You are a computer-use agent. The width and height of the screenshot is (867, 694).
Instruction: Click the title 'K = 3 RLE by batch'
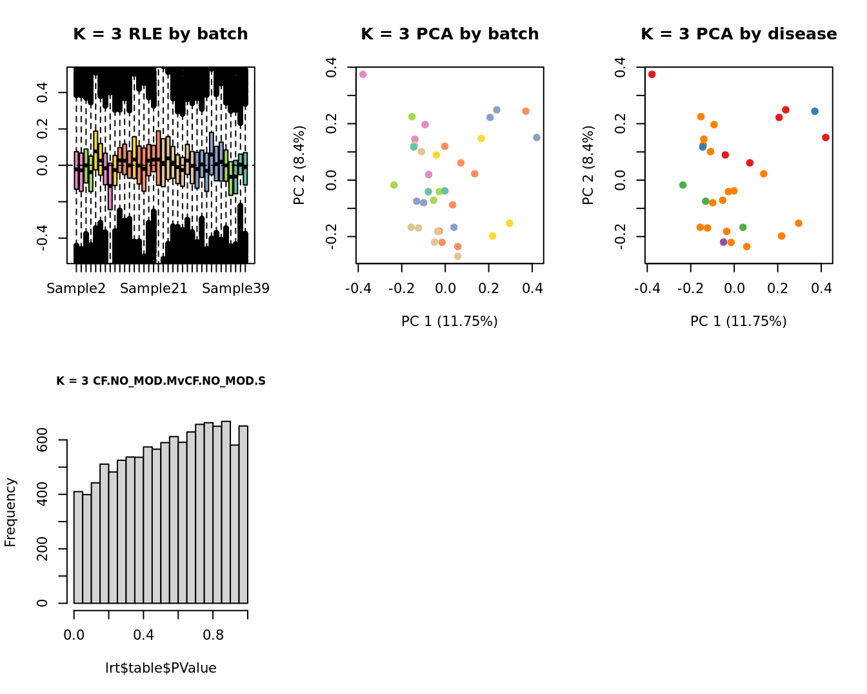[160, 34]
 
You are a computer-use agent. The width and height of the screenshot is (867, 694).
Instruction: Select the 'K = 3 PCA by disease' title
[739, 34]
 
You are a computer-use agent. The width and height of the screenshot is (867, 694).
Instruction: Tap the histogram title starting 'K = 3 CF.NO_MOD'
[161, 381]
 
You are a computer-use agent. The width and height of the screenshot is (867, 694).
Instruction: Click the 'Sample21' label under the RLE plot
[154, 289]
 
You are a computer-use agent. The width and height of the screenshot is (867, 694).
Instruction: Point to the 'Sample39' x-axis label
[235, 289]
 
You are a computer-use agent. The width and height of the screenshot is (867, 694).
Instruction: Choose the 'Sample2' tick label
[76, 289]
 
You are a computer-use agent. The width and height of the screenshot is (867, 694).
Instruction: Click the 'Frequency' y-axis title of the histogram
[10, 512]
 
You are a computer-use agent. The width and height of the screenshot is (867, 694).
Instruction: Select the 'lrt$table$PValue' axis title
[161, 668]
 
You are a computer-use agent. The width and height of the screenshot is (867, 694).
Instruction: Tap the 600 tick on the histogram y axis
[43, 440]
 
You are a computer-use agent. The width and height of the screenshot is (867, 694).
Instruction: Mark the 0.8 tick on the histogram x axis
[214, 635]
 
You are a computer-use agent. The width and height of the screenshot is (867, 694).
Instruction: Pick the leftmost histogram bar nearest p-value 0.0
[78, 547]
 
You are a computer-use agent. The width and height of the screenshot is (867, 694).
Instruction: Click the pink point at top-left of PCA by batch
[363, 74]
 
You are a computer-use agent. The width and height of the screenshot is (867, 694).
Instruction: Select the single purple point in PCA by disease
[723, 242]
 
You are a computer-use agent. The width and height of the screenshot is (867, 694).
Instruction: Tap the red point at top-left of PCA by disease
[652, 74]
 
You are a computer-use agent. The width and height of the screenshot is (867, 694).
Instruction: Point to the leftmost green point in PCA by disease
[683, 185]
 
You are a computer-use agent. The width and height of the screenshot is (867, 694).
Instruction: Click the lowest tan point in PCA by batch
[458, 256]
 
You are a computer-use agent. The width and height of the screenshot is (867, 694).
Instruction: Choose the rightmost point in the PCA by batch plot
[537, 138]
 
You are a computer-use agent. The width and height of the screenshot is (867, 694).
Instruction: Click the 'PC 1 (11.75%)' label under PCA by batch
[450, 321]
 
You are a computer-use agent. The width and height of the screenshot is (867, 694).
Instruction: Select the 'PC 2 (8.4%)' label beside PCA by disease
[588, 165]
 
